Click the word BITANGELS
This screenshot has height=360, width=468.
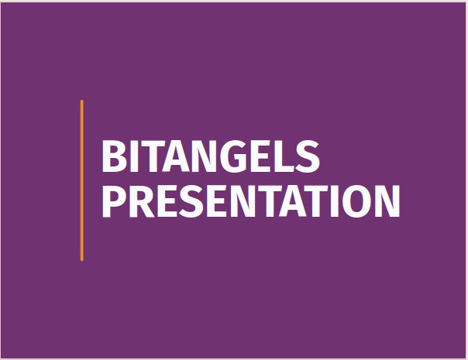(x=211, y=156)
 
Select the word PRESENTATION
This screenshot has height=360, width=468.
(x=251, y=201)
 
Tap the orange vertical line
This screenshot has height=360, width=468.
(x=82, y=180)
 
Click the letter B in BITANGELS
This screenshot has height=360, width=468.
(x=115, y=156)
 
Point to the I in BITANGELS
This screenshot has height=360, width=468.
(x=134, y=156)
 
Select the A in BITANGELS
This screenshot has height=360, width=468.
(x=176, y=156)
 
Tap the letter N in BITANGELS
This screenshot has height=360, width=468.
(x=205, y=156)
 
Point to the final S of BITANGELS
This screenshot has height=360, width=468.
(x=308, y=156)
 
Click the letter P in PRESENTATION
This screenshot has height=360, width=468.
(x=114, y=201)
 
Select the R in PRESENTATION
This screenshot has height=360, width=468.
(x=142, y=201)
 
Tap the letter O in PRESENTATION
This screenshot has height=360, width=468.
(x=356, y=201)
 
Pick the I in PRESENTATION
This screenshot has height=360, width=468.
(x=334, y=201)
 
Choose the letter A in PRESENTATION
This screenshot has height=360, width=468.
(x=293, y=201)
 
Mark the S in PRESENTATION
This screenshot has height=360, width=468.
(x=191, y=201)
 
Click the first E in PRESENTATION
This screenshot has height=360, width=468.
(x=167, y=201)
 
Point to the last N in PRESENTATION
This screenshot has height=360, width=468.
(x=387, y=201)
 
